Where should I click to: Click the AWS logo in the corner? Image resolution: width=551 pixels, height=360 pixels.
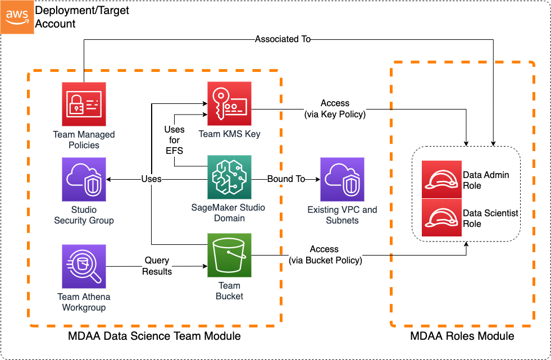click(x=17, y=17)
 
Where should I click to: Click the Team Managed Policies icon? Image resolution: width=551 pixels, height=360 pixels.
click(x=84, y=104)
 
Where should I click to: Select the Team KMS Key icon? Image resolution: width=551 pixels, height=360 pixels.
click(x=229, y=104)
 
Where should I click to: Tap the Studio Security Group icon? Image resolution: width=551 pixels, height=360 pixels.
click(x=84, y=179)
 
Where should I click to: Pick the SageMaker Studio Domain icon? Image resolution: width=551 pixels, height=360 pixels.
click(x=229, y=178)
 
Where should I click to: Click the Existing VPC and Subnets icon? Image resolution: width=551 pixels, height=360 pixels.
click(x=342, y=179)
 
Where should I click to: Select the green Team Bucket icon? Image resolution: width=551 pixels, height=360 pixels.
click(x=229, y=256)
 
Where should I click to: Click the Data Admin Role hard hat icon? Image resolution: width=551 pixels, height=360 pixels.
click(x=441, y=180)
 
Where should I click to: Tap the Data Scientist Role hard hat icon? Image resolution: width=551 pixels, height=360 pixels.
click(x=441, y=218)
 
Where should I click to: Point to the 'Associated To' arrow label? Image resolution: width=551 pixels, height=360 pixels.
click(x=283, y=39)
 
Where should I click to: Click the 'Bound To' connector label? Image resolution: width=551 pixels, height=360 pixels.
click(x=286, y=179)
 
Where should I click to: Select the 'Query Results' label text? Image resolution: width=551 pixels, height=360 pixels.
click(x=157, y=266)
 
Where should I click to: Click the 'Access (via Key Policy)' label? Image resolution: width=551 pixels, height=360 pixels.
click(x=335, y=108)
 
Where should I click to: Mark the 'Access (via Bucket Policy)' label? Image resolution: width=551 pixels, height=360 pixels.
click(x=325, y=254)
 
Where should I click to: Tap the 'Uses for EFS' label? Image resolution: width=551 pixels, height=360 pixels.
click(x=174, y=140)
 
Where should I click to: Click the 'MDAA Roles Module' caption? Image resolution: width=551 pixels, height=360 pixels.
click(x=462, y=336)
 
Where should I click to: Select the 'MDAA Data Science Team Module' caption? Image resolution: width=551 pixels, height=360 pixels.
click(x=154, y=336)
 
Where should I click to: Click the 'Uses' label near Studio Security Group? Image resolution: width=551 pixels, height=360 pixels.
click(x=151, y=179)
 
